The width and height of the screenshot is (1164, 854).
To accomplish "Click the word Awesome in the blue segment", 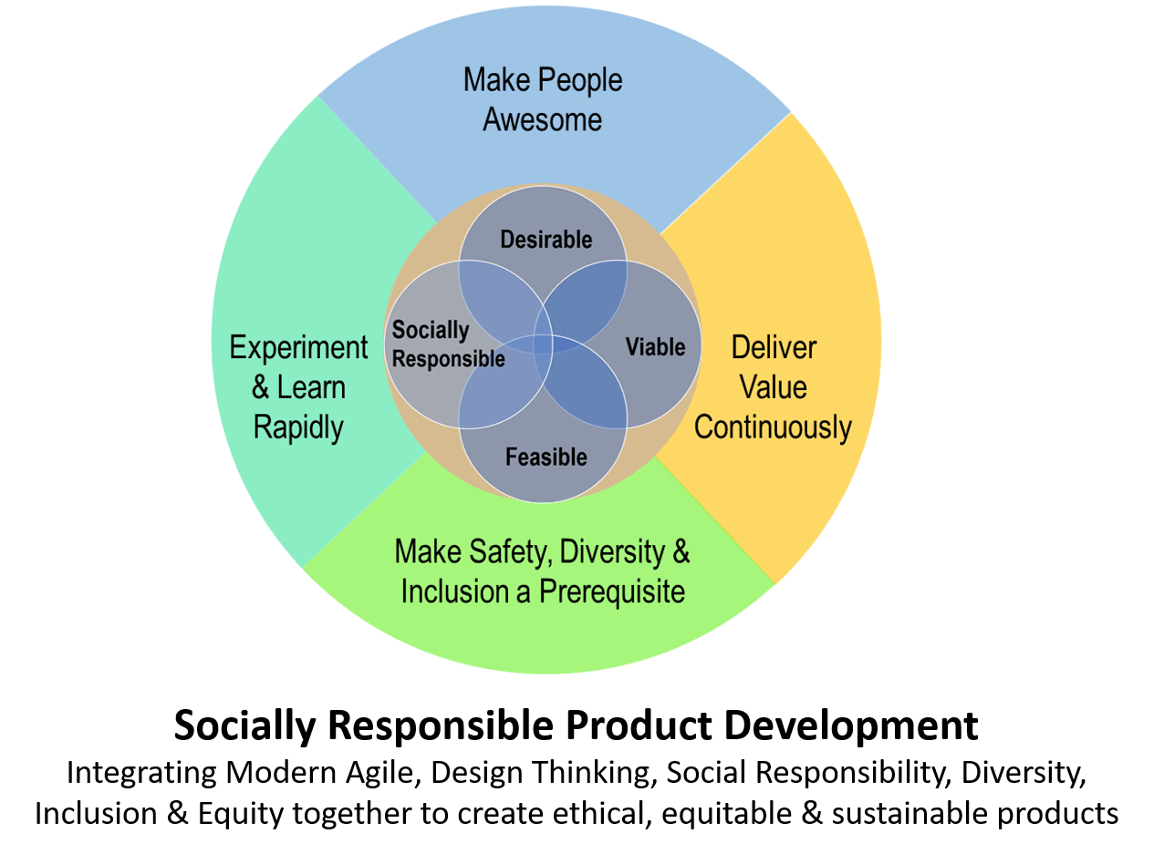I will tap(542, 119).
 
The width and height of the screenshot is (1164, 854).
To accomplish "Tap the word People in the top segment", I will tap(578, 80).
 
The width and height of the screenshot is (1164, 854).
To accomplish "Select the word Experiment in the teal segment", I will tap(298, 347).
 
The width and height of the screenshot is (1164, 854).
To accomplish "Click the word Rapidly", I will tap(298, 427).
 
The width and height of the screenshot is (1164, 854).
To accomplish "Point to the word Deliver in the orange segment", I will tap(774, 347).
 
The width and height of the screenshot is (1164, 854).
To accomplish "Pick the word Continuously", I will tap(773, 427).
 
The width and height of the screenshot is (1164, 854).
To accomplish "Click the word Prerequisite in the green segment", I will tap(612, 592).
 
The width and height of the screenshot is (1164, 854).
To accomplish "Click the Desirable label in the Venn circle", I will tap(546, 240).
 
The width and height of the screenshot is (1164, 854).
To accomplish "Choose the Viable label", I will tap(655, 347).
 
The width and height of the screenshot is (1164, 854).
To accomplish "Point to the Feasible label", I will tap(546, 457).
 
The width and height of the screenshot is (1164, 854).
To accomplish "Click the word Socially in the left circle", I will tap(430, 330).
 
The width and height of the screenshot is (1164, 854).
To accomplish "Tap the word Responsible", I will tap(448, 359).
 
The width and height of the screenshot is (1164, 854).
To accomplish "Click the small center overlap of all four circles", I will tap(543, 345).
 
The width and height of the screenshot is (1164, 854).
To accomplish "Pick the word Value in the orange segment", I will tap(773, 387).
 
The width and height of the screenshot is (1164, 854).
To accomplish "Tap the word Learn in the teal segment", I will tap(311, 387).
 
